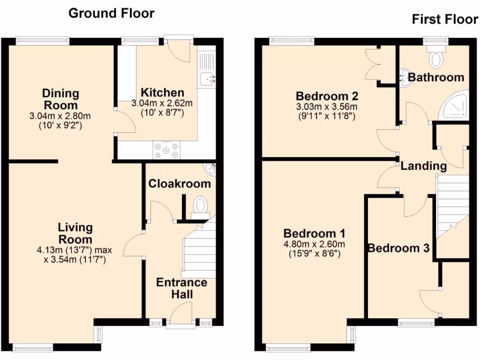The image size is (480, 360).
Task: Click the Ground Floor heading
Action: click(111, 13)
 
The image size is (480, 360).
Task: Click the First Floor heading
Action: click(444, 20)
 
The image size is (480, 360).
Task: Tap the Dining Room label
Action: click(60, 99)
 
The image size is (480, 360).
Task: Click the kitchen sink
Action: click(206, 79)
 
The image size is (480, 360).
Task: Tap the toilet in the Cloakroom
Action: click(201, 207)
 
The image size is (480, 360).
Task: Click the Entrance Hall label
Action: click(181, 288)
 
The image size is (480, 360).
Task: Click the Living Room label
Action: click(75, 233)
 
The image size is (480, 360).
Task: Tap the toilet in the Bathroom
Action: click(436, 59)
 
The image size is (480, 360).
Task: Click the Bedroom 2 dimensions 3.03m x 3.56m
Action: click(327, 106)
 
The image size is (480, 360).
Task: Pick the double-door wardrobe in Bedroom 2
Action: click(375, 67)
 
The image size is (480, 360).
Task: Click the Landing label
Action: click(424, 165)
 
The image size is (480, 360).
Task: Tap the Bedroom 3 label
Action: click(398, 248)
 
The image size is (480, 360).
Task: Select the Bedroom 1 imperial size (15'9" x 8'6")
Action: click(314, 254)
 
